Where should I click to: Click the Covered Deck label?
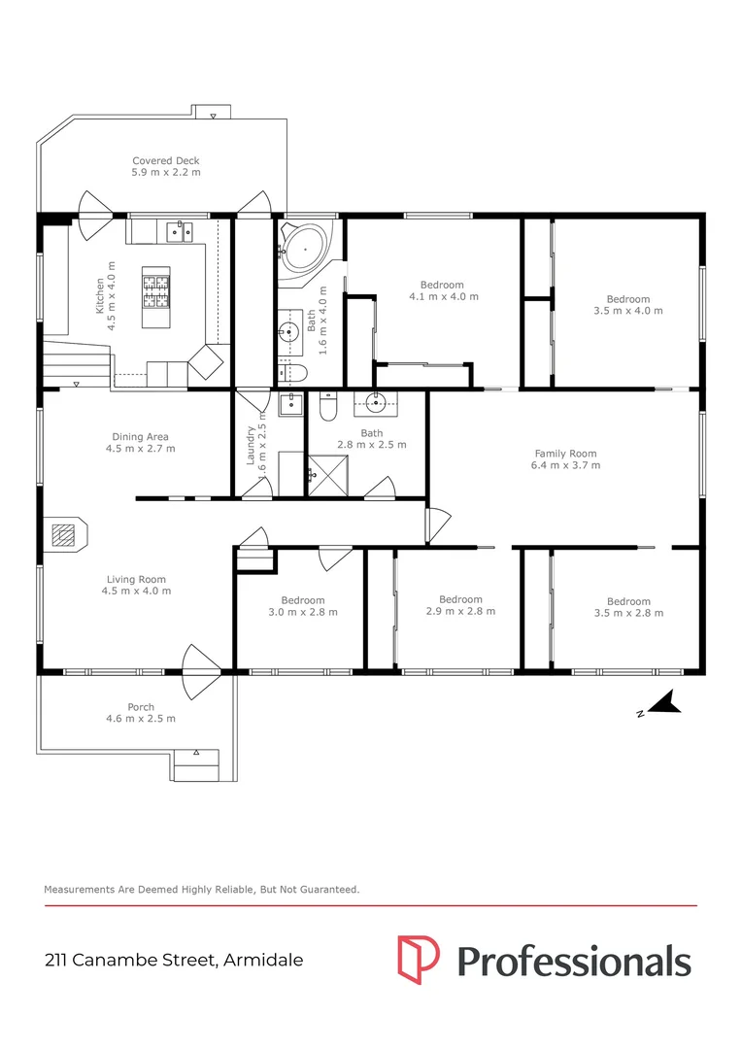(166, 166)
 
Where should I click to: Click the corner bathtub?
(304, 249)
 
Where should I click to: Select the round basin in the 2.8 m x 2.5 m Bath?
(377, 405)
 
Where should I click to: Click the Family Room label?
(565, 459)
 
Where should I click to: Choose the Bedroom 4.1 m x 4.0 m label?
(442, 290)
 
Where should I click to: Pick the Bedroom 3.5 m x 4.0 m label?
(627, 305)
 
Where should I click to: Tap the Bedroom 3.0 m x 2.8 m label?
(303, 606)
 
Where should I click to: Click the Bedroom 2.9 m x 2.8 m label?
(460, 605)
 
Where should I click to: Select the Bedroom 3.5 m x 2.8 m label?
(627, 607)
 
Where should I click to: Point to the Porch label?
(141, 713)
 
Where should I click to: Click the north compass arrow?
(662, 703)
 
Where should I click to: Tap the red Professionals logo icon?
(419, 960)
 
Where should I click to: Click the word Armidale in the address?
(262, 961)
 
